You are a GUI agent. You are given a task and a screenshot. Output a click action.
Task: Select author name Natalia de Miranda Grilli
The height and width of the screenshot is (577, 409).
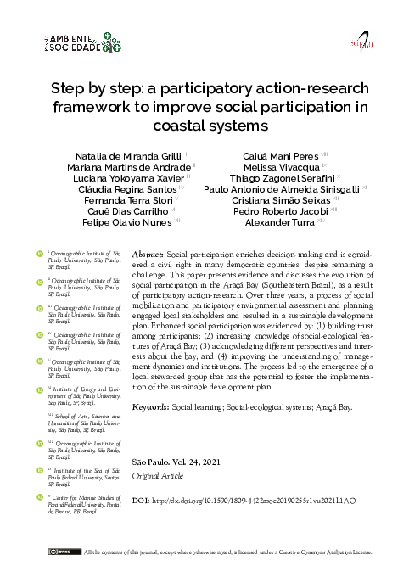[117, 157]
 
